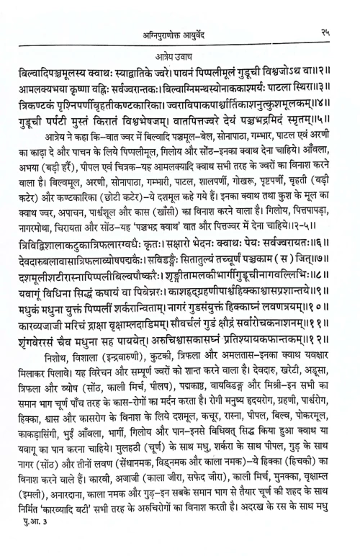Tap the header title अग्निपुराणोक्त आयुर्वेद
tap(179, 11)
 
